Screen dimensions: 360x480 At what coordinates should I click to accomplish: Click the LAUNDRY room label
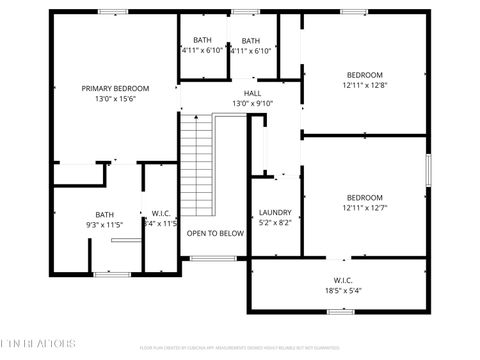[275, 212]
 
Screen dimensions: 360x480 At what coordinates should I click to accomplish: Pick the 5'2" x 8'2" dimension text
[275, 223]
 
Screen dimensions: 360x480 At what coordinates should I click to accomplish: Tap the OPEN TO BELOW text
[215, 233]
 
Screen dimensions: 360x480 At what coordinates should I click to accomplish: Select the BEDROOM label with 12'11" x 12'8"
[365, 75]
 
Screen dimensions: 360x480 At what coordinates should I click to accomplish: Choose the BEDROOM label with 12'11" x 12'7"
[365, 197]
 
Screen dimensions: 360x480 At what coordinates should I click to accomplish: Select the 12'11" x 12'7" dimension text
[365, 208]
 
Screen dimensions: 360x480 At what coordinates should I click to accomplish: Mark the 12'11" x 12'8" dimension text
[365, 86]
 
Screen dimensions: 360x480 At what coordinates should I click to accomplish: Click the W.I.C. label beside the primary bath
[160, 213]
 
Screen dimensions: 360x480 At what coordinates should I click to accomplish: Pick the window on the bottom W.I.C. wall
[341, 312]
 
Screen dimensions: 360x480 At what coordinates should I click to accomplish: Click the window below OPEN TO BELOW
[214, 258]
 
